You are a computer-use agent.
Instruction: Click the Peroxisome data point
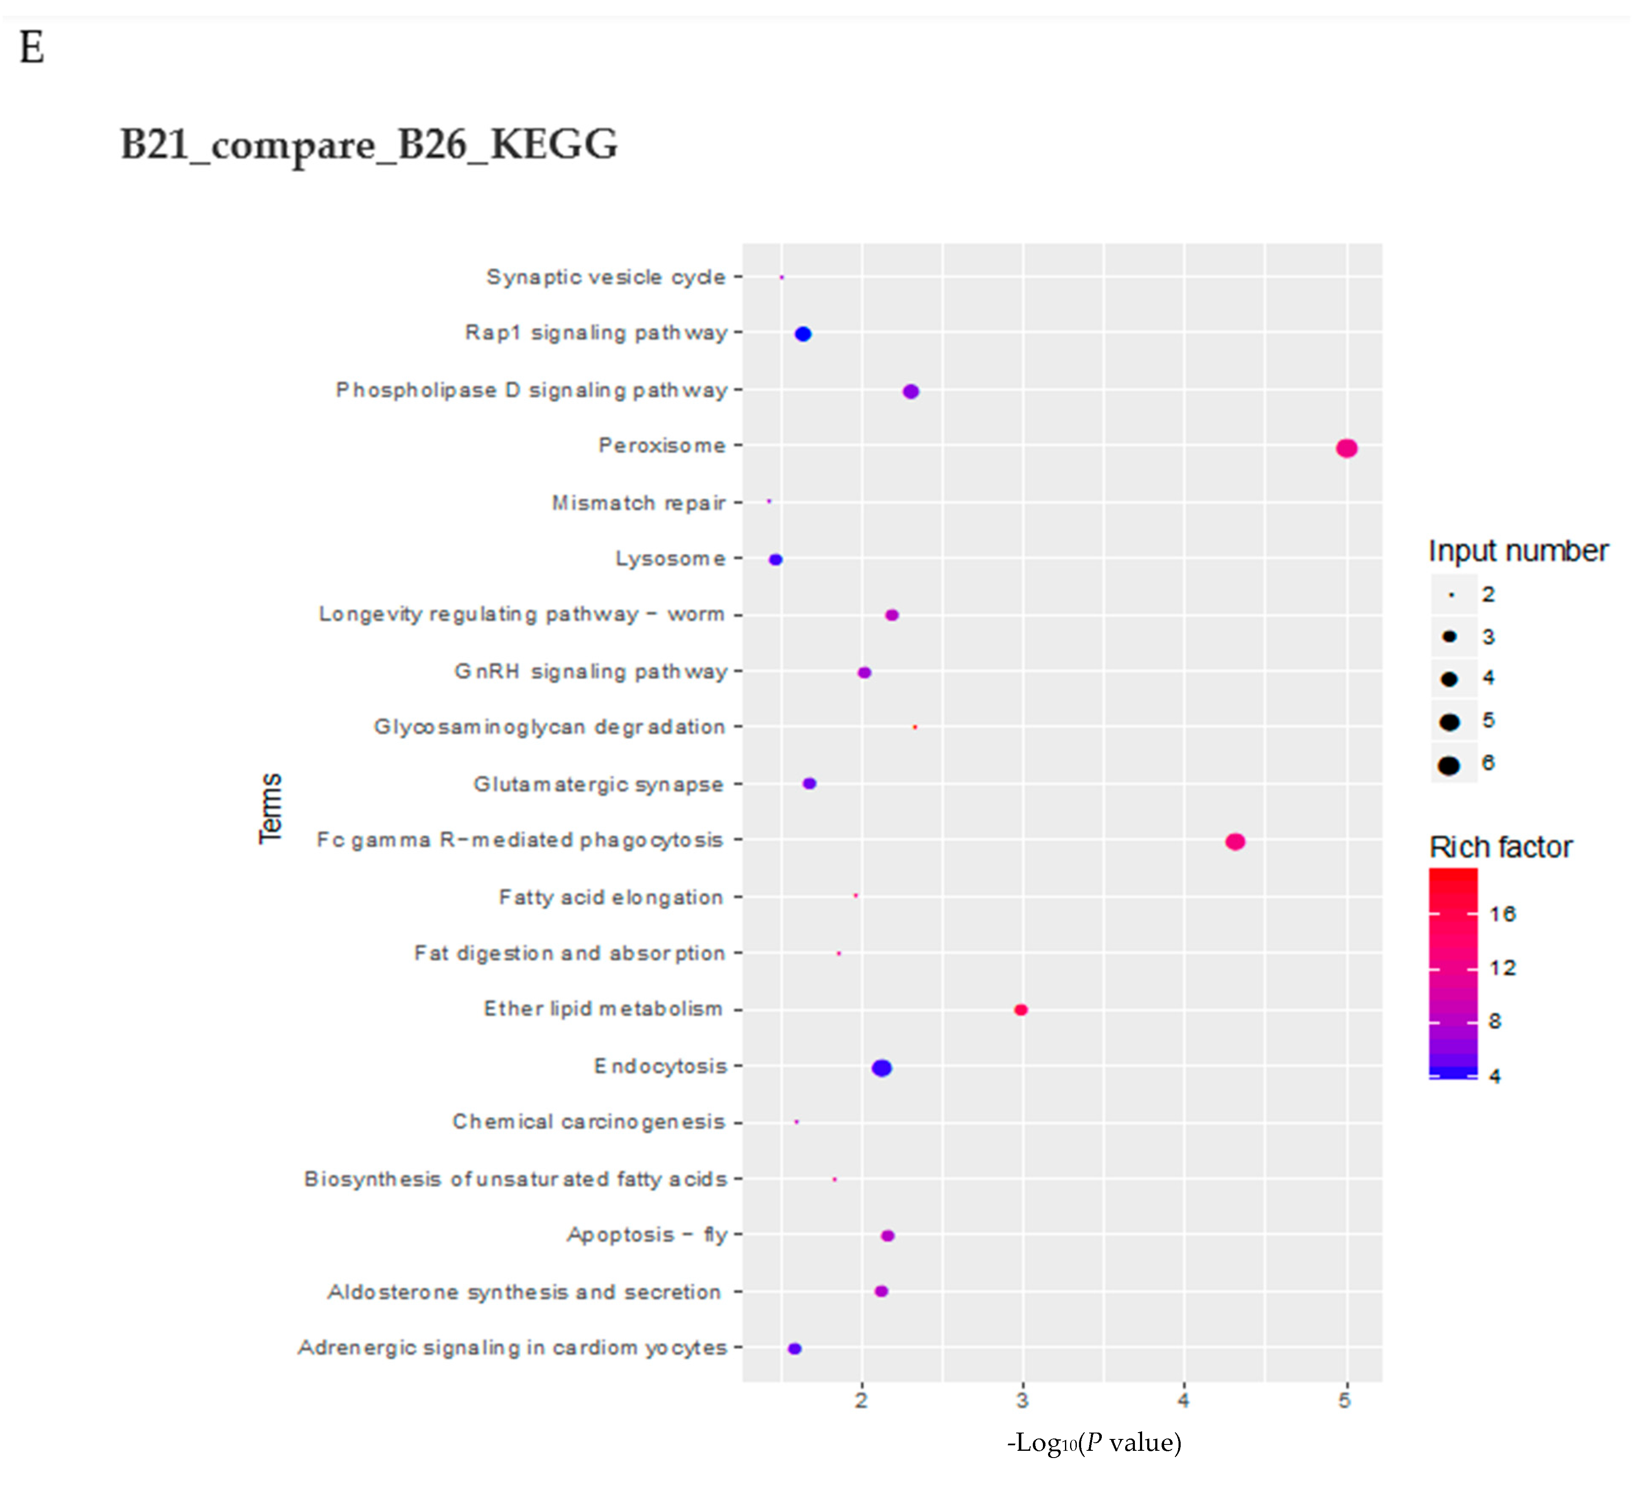pos(1346,448)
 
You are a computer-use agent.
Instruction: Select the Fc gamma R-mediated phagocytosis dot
pos(1234,842)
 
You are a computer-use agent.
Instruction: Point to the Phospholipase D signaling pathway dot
pos(911,391)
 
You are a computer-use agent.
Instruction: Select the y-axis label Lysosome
pos(670,559)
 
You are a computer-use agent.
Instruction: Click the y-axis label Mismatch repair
pos(639,503)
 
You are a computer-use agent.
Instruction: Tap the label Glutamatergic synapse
pos(598,784)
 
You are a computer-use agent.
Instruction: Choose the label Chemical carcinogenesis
pos(589,1121)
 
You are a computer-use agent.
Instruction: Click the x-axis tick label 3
pos(1023,1400)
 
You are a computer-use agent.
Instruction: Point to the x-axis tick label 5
pos(1345,1400)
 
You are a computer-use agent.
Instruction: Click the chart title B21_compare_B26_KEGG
pos(369,145)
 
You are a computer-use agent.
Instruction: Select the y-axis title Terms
pos(270,808)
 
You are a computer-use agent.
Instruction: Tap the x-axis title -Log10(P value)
pos(1094,1442)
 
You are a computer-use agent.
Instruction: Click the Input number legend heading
pos(1518,551)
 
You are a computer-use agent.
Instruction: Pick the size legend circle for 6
pos(1449,764)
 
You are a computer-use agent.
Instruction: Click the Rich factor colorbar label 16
pos(1502,914)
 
